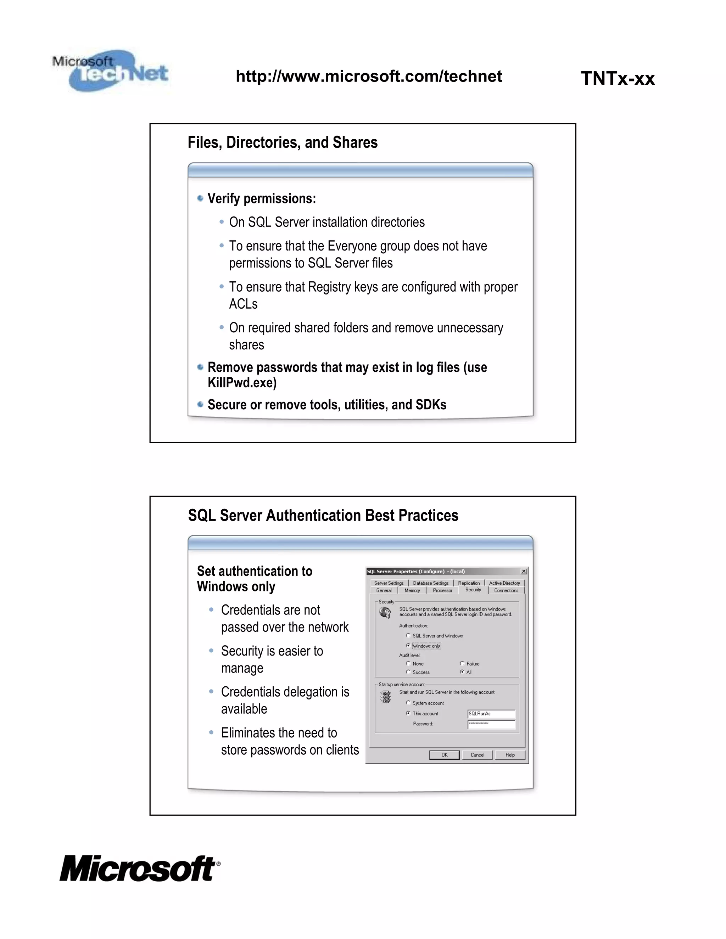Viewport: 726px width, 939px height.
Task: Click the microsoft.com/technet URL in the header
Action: point(369,77)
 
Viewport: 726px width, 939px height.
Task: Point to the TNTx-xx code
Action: point(618,79)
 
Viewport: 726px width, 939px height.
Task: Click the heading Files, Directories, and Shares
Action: point(283,143)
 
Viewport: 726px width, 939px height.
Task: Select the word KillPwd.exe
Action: point(242,383)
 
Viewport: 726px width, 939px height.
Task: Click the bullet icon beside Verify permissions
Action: point(200,198)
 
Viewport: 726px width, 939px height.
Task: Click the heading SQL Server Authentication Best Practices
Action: point(323,516)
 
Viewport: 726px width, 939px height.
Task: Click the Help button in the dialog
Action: point(510,755)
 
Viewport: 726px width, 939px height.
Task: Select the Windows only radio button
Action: point(408,645)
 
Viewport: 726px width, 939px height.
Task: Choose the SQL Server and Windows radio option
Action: point(408,635)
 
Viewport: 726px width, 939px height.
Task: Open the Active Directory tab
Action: point(504,583)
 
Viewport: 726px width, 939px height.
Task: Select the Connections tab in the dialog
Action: point(506,590)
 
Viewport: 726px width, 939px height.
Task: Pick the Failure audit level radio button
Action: point(462,663)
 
